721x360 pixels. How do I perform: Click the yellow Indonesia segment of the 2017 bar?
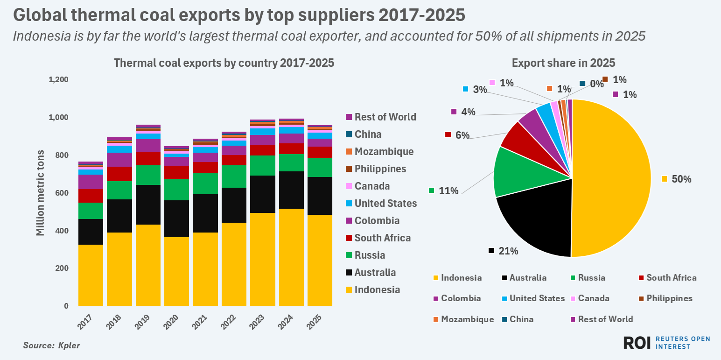[x=91, y=275]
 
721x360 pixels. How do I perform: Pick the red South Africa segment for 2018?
[x=119, y=174]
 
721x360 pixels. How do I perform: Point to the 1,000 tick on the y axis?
[x=58, y=117]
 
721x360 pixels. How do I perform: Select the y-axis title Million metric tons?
[x=41, y=192]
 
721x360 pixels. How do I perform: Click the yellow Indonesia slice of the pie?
[x=611, y=178]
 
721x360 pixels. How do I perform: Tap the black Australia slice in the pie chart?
[x=537, y=219]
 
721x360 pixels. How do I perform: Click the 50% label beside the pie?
[x=681, y=179]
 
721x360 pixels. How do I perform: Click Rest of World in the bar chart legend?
[x=385, y=117]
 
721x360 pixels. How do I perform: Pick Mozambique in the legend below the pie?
[x=467, y=319]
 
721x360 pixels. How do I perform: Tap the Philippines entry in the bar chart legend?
[x=380, y=169]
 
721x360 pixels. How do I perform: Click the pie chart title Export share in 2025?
[x=563, y=63]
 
